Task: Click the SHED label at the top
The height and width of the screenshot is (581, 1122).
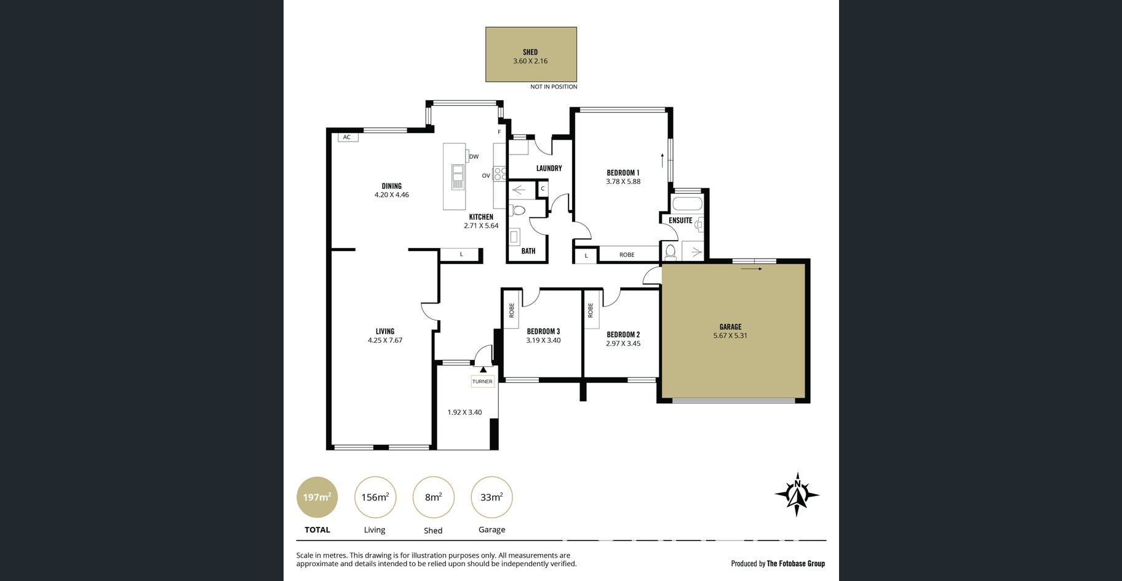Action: (530, 52)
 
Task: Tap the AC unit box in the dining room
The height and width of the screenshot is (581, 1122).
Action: (347, 137)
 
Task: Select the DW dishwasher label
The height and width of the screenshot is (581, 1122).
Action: (474, 157)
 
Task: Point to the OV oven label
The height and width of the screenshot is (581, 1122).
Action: (486, 176)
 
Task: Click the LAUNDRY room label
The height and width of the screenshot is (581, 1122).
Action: (549, 168)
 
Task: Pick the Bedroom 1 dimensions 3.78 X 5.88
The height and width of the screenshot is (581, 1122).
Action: (623, 182)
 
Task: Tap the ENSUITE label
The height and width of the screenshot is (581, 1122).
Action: (680, 220)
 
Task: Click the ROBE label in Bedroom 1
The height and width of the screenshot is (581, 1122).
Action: (627, 255)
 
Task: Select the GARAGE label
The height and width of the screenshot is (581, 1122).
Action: (730, 327)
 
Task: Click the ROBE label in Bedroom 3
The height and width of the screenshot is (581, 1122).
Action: (511, 310)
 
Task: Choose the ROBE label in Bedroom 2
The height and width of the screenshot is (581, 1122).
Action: (590, 310)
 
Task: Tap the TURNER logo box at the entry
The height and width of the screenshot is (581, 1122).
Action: (482, 382)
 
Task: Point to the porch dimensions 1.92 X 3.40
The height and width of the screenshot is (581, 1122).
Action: (464, 412)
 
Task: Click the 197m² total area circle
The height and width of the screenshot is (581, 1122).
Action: (317, 497)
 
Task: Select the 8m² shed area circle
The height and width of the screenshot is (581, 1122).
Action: (433, 497)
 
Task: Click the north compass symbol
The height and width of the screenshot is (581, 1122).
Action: (797, 494)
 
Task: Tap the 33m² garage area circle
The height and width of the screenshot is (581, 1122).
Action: (491, 497)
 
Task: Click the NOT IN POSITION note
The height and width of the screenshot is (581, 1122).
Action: (554, 87)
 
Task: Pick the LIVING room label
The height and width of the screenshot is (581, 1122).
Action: (385, 331)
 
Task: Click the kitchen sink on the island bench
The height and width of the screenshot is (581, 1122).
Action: (458, 177)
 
